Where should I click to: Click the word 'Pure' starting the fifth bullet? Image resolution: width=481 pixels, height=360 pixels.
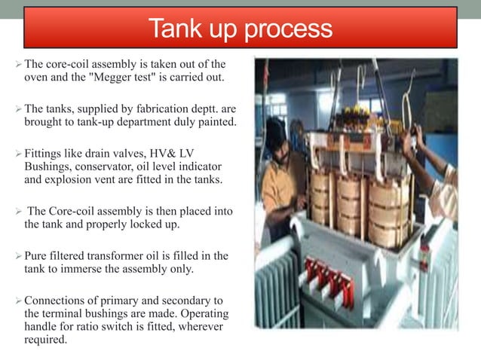(x=36, y=256)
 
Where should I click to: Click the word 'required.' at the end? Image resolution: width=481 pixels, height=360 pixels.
(x=44, y=340)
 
